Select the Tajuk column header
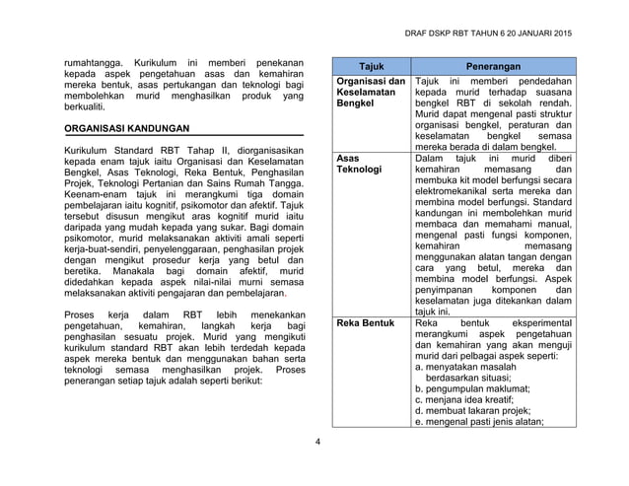pos(371,64)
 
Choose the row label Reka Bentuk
pos(366,322)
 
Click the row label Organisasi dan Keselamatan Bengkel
pos(371,91)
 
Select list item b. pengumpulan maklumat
pos(472,389)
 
